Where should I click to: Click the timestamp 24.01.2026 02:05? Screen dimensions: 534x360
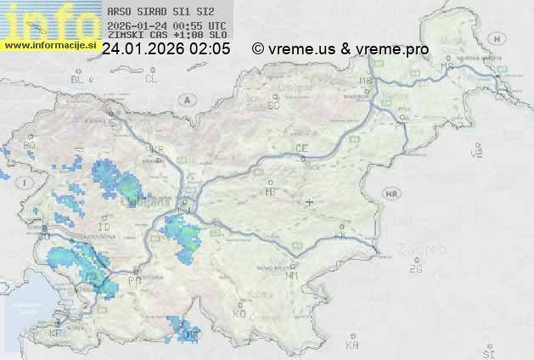point(166,49)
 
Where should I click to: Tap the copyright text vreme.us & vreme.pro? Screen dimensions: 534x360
point(340,49)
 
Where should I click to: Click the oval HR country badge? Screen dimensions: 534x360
point(391,194)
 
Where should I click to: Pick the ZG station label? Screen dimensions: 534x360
point(415,269)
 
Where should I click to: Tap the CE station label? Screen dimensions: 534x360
point(301,149)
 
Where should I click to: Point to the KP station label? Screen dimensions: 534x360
point(56,334)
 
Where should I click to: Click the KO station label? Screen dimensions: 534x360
point(239,313)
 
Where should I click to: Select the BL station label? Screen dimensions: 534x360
point(78,79)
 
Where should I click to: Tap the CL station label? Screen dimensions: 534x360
point(151,79)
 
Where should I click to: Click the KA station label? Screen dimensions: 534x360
point(352,345)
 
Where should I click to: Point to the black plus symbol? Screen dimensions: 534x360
point(310,202)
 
